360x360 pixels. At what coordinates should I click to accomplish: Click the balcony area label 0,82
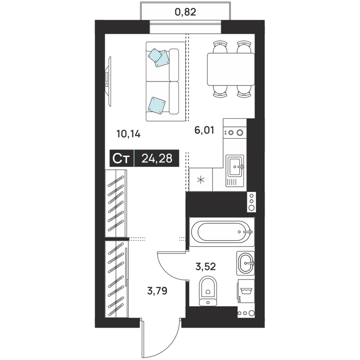(x=185, y=12)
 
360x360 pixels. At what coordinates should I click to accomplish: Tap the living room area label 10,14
(x=128, y=134)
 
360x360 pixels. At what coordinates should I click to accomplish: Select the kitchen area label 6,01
(x=204, y=130)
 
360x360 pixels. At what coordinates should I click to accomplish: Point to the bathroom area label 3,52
(x=206, y=266)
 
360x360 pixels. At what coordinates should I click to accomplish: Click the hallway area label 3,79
(x=157, y=291)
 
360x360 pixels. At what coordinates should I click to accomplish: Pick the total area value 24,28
(x=157, y=158)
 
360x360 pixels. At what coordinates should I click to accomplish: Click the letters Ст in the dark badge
(x=121, y=158)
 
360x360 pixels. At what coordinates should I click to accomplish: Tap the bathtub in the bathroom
(x=222, y=232)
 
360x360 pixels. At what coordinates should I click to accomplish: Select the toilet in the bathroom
(x=208, y=291)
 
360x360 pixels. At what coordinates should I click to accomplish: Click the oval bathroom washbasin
(x=245, y=263)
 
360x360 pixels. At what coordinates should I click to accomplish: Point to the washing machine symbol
(x=246, y=291)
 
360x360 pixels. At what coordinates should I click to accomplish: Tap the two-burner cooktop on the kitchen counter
(x=234, y=132)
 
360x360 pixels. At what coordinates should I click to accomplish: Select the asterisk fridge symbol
(x=201, y=180)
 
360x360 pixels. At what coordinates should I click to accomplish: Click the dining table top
(x=231, y=69)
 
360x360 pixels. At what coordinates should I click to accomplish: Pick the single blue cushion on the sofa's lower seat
(x=157, y=105)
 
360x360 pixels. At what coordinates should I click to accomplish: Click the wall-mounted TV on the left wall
(x=108, y=81)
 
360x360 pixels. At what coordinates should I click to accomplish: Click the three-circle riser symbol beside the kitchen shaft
(x=252, y=202)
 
